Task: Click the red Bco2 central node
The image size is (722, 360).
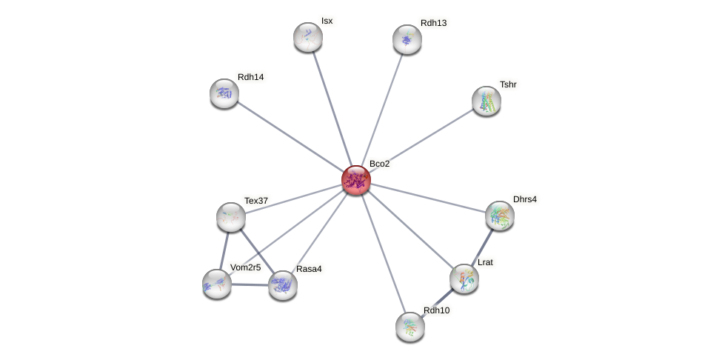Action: click(355, 180)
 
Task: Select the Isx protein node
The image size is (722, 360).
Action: click(308, 37)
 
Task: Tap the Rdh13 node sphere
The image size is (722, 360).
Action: click(407, 39)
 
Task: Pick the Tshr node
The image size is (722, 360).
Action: click(487, 101)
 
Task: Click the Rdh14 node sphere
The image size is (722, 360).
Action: click(224, 93)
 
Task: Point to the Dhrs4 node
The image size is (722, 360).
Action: click(500, 216)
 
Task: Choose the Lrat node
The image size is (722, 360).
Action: click(464, 279)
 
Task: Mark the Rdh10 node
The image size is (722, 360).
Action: click(410, 327)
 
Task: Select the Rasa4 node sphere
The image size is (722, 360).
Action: click(283, 285)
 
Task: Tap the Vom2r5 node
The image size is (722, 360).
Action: click(217, 284)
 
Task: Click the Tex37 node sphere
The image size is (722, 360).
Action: click(231, 217)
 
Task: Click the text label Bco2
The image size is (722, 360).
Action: click(379, 164)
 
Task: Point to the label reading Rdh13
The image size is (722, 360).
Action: click(433, 23)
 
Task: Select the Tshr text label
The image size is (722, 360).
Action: click(508, 84)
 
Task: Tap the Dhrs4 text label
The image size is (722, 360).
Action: click(525, 199)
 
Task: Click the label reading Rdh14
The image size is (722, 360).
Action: click(251, 77)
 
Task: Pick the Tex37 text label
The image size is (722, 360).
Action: click(256, 201)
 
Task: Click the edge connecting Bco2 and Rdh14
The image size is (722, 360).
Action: click(289, 136)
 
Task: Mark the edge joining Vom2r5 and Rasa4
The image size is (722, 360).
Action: click(250, 284)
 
